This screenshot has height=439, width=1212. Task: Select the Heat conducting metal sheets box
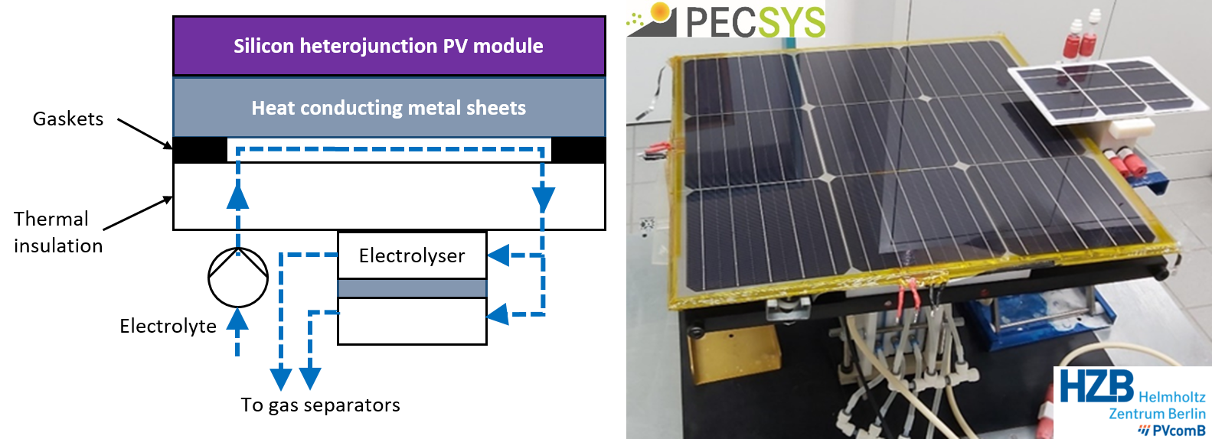tap(389, 107)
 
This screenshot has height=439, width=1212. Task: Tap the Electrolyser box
tap(411, 255)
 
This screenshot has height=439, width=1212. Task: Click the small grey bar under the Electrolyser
tap(412, 288)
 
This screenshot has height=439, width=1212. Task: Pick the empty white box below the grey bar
tap(412, 321)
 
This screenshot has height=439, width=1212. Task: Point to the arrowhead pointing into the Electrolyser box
tap(498, 255)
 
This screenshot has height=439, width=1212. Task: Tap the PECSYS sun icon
tap(653, 18)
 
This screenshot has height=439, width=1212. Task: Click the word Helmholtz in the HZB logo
tap(1171, 397)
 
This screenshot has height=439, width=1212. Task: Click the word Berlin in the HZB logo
tap(1185, 414)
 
